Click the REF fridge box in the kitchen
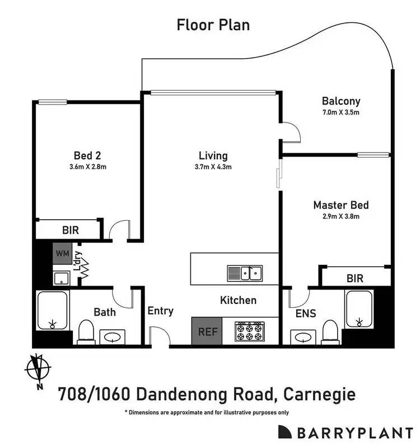(207, 331)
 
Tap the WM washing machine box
(62, 254)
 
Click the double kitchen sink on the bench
(245, 273)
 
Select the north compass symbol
(38, 371)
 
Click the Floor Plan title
(213, 25)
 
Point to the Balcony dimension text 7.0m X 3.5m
(340, 112)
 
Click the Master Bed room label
(340, 205)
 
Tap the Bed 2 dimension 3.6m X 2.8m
(87, 166)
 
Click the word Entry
(160, 311)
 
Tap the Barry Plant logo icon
(286, 431)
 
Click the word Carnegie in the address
(319, 395)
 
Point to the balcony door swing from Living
(291, 132)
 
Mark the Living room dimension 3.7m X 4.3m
(213, 167)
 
